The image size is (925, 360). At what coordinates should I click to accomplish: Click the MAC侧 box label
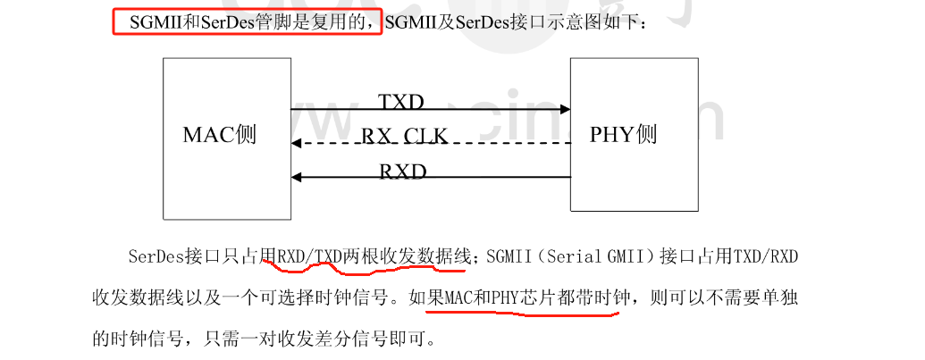coord(220,135)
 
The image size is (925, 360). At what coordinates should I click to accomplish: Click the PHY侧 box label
coord(624,135)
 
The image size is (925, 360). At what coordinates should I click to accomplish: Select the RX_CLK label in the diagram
coord(404,136)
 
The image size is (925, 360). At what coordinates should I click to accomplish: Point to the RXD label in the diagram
coord(403,170)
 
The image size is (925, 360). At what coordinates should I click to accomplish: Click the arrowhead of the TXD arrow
coord(565,109)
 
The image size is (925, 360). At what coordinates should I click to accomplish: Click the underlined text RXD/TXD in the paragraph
coord(309,258)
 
